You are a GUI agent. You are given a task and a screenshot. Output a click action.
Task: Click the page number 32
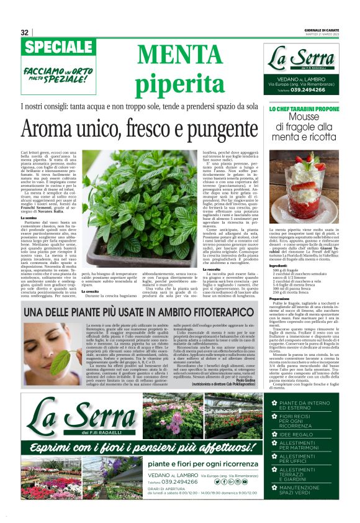pos(25,32)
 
